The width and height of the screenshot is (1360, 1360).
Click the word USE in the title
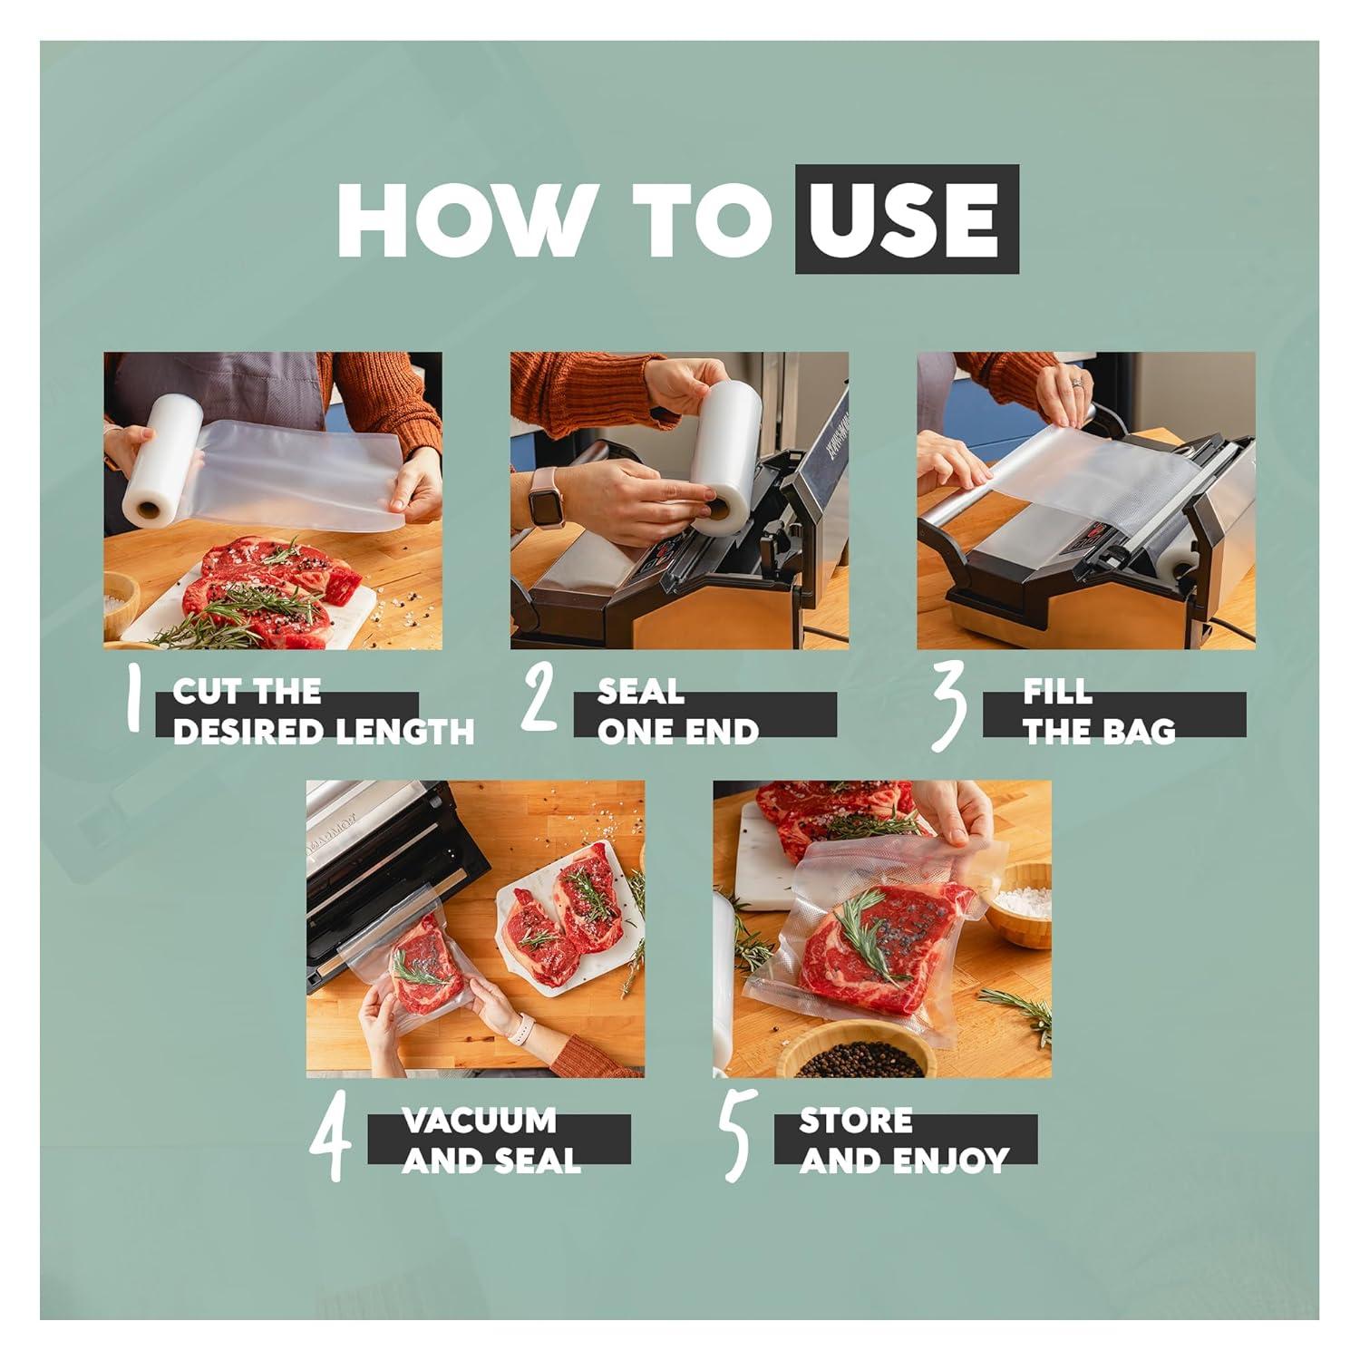(x=906, y=219)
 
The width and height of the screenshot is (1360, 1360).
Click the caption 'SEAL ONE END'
(x=677, y=713)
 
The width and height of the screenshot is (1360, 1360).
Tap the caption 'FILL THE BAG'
(x=1099, y=713)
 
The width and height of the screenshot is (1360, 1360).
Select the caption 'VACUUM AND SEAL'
(x=491, y=1141)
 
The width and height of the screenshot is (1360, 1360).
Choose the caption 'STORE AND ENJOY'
(x=903, y=1141)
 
